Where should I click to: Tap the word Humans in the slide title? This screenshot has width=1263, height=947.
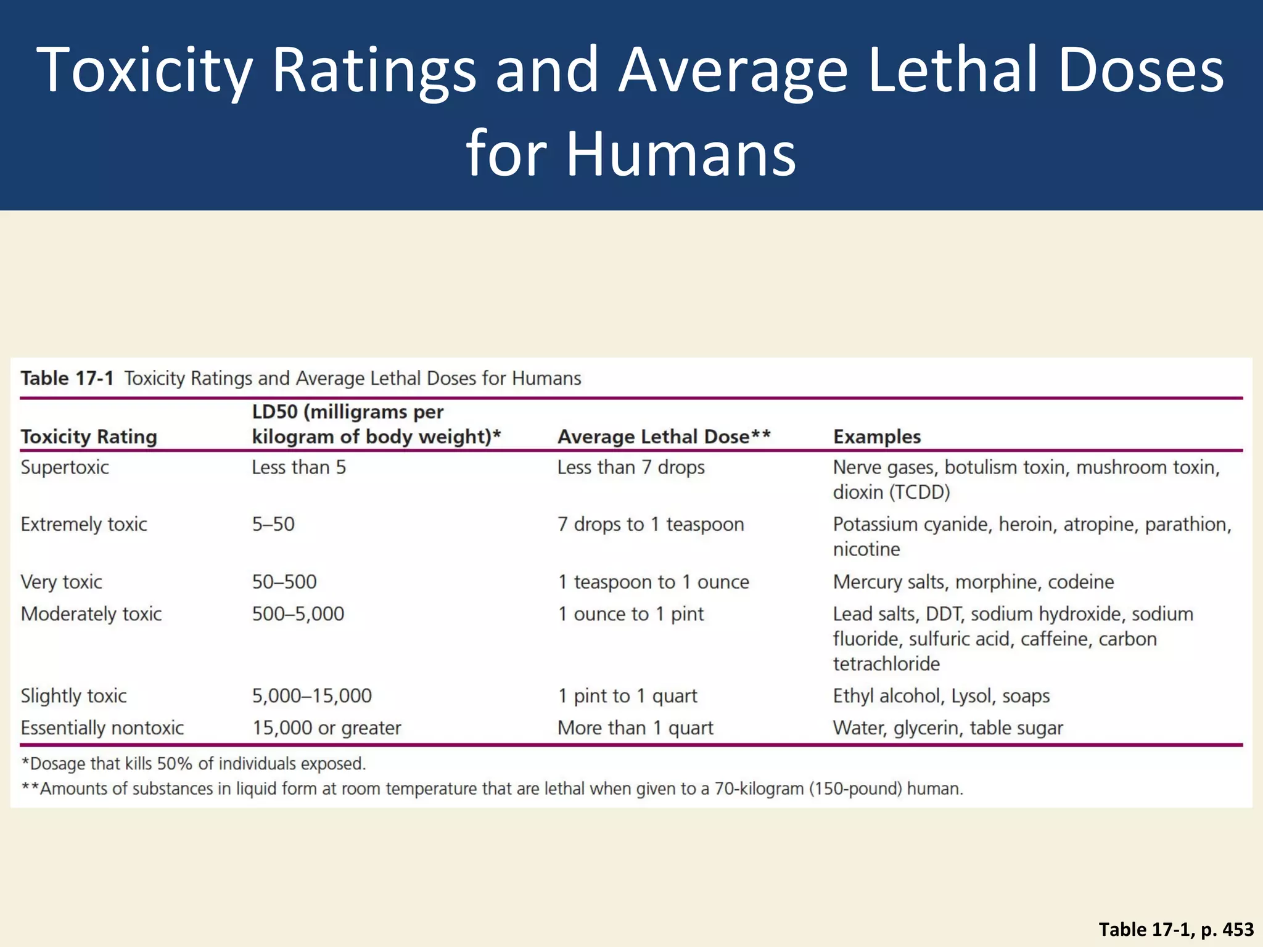[x=681, y=153]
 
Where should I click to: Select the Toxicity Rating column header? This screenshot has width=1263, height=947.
[x=89, y=437]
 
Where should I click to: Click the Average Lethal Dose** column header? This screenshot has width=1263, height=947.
[x=664, y=437]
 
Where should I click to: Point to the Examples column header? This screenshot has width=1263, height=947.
[x=876, y=437]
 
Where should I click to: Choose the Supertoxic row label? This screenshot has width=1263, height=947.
[x=65, y=467]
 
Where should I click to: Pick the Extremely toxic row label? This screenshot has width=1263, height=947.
[x=84, y=524]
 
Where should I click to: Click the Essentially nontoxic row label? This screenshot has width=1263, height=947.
[x=102, y=728]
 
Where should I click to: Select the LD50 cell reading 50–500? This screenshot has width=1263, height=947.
[x=284, y=581]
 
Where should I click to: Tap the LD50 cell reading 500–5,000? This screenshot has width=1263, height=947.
[x=298, y=614]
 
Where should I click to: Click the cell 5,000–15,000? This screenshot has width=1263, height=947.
[x=311, y=696]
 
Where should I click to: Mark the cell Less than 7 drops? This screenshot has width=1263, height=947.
[x=630, y=467]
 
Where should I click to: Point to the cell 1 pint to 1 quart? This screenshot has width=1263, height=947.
[x=627, y=696]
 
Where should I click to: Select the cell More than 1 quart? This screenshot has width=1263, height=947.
[x=635, y=728]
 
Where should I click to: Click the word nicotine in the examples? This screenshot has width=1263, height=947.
[x=866, y=549]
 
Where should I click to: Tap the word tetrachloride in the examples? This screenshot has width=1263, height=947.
[x=886, y=664]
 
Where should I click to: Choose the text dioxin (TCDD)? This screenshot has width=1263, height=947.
[x=891, y=493]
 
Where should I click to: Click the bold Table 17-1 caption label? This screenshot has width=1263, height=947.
[x=67, y=378]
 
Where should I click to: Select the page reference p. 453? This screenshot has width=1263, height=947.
[x=1227, y=929]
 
